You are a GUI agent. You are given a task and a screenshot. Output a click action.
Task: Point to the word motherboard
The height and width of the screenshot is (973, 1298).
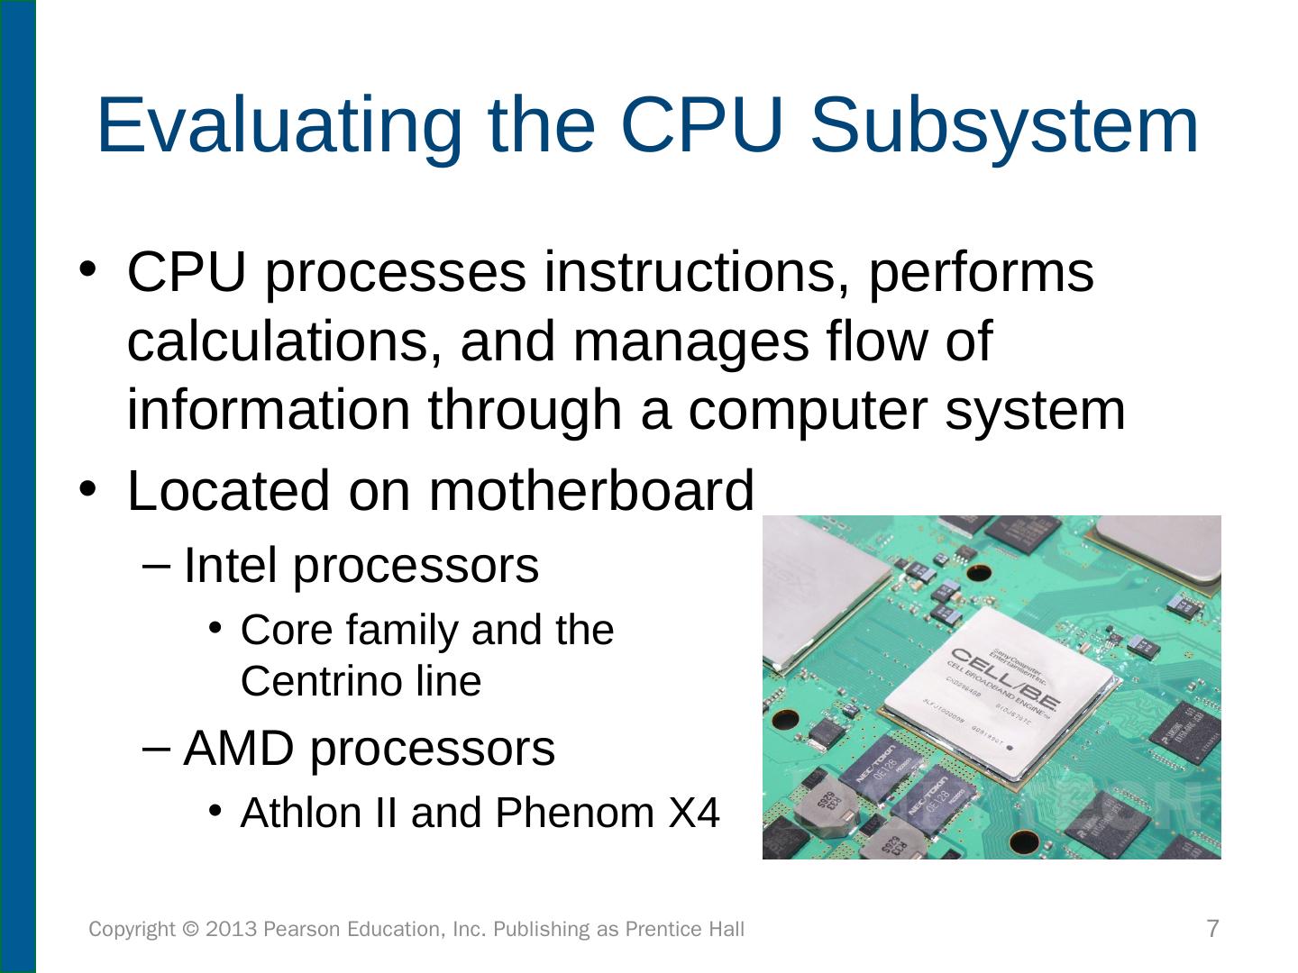590,491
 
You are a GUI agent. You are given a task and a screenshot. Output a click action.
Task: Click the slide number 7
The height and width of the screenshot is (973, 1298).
1212,928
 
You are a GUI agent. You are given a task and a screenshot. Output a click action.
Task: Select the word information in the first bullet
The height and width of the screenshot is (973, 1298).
268,410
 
